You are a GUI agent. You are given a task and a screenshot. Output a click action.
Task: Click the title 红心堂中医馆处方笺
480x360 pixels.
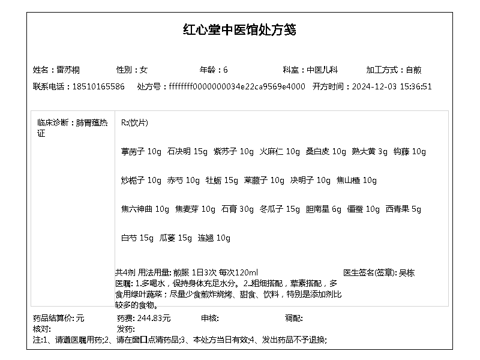[239, 30]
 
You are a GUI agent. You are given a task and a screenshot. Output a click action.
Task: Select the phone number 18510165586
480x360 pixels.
[98, 86]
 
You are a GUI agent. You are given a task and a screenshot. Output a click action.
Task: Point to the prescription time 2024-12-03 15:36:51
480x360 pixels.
[392, 86]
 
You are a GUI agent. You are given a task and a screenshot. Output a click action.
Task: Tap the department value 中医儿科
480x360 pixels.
[323, 70]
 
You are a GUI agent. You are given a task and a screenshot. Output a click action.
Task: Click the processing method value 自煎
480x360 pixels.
[414, 70]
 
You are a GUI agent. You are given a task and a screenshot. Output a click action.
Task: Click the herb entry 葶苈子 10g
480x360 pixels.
[141, 151]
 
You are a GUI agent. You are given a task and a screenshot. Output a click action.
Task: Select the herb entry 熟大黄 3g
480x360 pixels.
[370, 151]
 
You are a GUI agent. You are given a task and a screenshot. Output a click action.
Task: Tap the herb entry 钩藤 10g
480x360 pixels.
[409, 151]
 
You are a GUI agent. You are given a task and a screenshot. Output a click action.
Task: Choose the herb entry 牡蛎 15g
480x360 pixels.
[222, 180]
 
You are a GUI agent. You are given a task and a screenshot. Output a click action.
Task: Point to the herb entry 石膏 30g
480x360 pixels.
[238, 209]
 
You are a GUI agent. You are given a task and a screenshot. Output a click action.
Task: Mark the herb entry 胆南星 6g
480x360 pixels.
[323, 209]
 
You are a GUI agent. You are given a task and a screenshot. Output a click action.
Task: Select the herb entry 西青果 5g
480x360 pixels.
[403, 209]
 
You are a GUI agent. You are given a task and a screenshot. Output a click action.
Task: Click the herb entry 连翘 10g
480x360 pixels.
[214, 238]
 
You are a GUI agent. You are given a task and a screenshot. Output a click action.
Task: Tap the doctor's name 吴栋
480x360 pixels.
[407, 272]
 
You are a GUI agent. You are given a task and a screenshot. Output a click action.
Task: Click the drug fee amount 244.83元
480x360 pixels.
[154, 318]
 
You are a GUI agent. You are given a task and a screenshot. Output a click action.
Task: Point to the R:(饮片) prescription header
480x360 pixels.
[134, 122]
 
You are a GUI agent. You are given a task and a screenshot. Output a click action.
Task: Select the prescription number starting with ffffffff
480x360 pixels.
[237, 86]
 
